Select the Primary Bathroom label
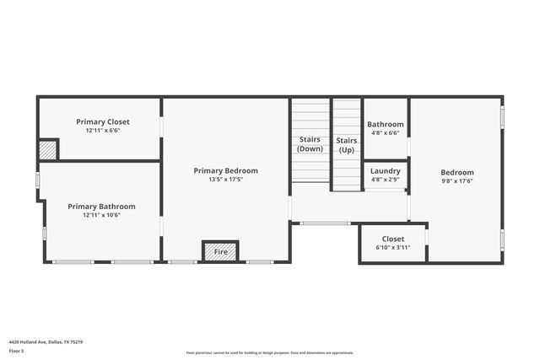101,206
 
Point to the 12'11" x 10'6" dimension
101,215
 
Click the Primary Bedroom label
225,170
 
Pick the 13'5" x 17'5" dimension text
225,179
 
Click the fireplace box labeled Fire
220,251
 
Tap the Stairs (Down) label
310,144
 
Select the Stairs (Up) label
346,144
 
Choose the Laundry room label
386,170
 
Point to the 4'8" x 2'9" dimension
386,179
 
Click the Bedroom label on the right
457,172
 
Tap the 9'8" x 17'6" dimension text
457,180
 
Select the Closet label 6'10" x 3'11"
392,239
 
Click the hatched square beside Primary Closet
48,150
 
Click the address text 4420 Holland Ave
46,341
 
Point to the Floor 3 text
17,350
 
